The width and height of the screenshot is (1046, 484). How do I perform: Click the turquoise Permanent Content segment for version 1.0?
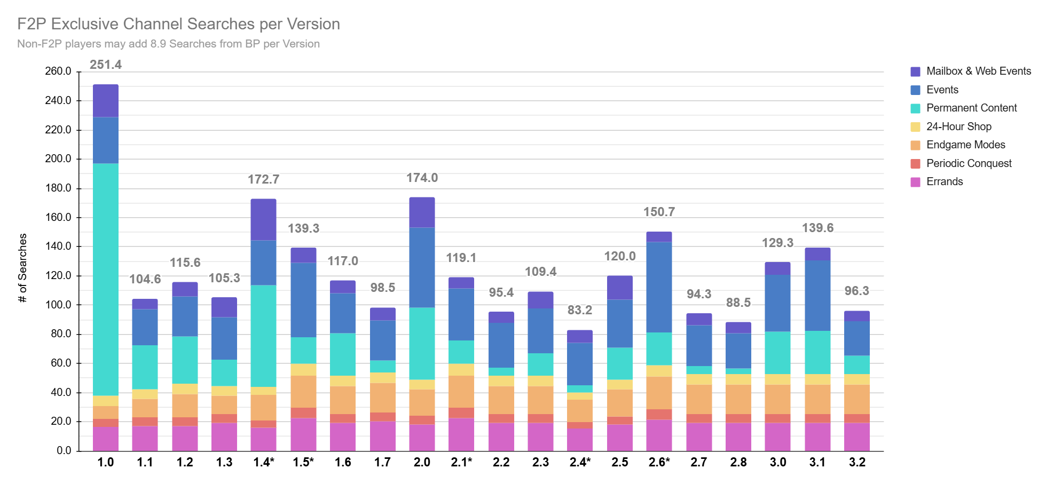(106, 280)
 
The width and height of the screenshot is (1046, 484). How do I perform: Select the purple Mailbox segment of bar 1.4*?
(264, 220)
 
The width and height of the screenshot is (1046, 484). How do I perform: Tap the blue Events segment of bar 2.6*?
(659, 288)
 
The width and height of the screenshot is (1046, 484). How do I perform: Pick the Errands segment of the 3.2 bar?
(857, 437)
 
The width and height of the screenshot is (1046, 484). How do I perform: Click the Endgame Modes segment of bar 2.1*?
(461, 392)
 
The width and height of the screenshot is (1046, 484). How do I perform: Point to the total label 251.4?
(106, 65)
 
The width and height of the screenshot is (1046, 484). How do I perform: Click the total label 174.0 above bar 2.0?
(422, 178)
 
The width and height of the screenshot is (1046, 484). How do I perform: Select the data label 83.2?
(580, 310)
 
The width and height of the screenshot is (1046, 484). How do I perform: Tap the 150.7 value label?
(659, 212)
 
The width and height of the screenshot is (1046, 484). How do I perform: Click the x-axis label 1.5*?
(303, 463)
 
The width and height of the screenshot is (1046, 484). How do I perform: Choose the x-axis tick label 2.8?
(738, 463)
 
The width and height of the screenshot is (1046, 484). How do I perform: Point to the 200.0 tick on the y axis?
(58, 158)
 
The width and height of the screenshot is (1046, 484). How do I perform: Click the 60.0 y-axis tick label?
(61, 363)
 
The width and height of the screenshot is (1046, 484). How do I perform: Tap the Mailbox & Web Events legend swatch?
(915, 72)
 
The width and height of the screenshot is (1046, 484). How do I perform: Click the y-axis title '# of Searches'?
(22, 268)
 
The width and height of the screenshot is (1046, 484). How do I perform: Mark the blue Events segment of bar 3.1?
(817, 296)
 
